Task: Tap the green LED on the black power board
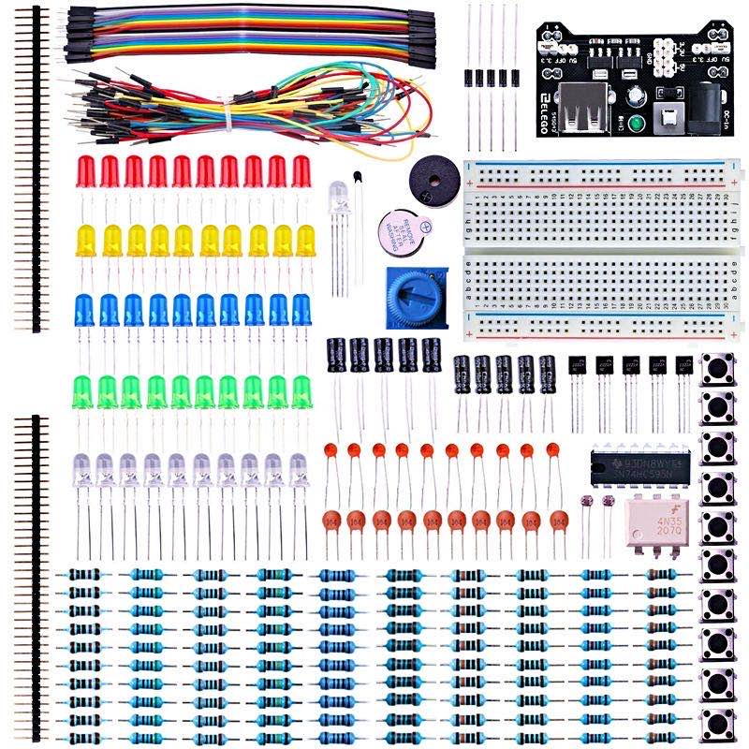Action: pos(637,125)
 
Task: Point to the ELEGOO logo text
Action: pos(544,108)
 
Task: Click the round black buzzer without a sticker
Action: pos(432,177)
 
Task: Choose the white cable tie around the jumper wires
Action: pos(228,116)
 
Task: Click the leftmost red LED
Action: pos(85,171)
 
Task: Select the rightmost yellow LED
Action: pos(305,242)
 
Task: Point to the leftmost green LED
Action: pos(84,390)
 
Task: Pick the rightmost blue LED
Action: pos(301,311)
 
